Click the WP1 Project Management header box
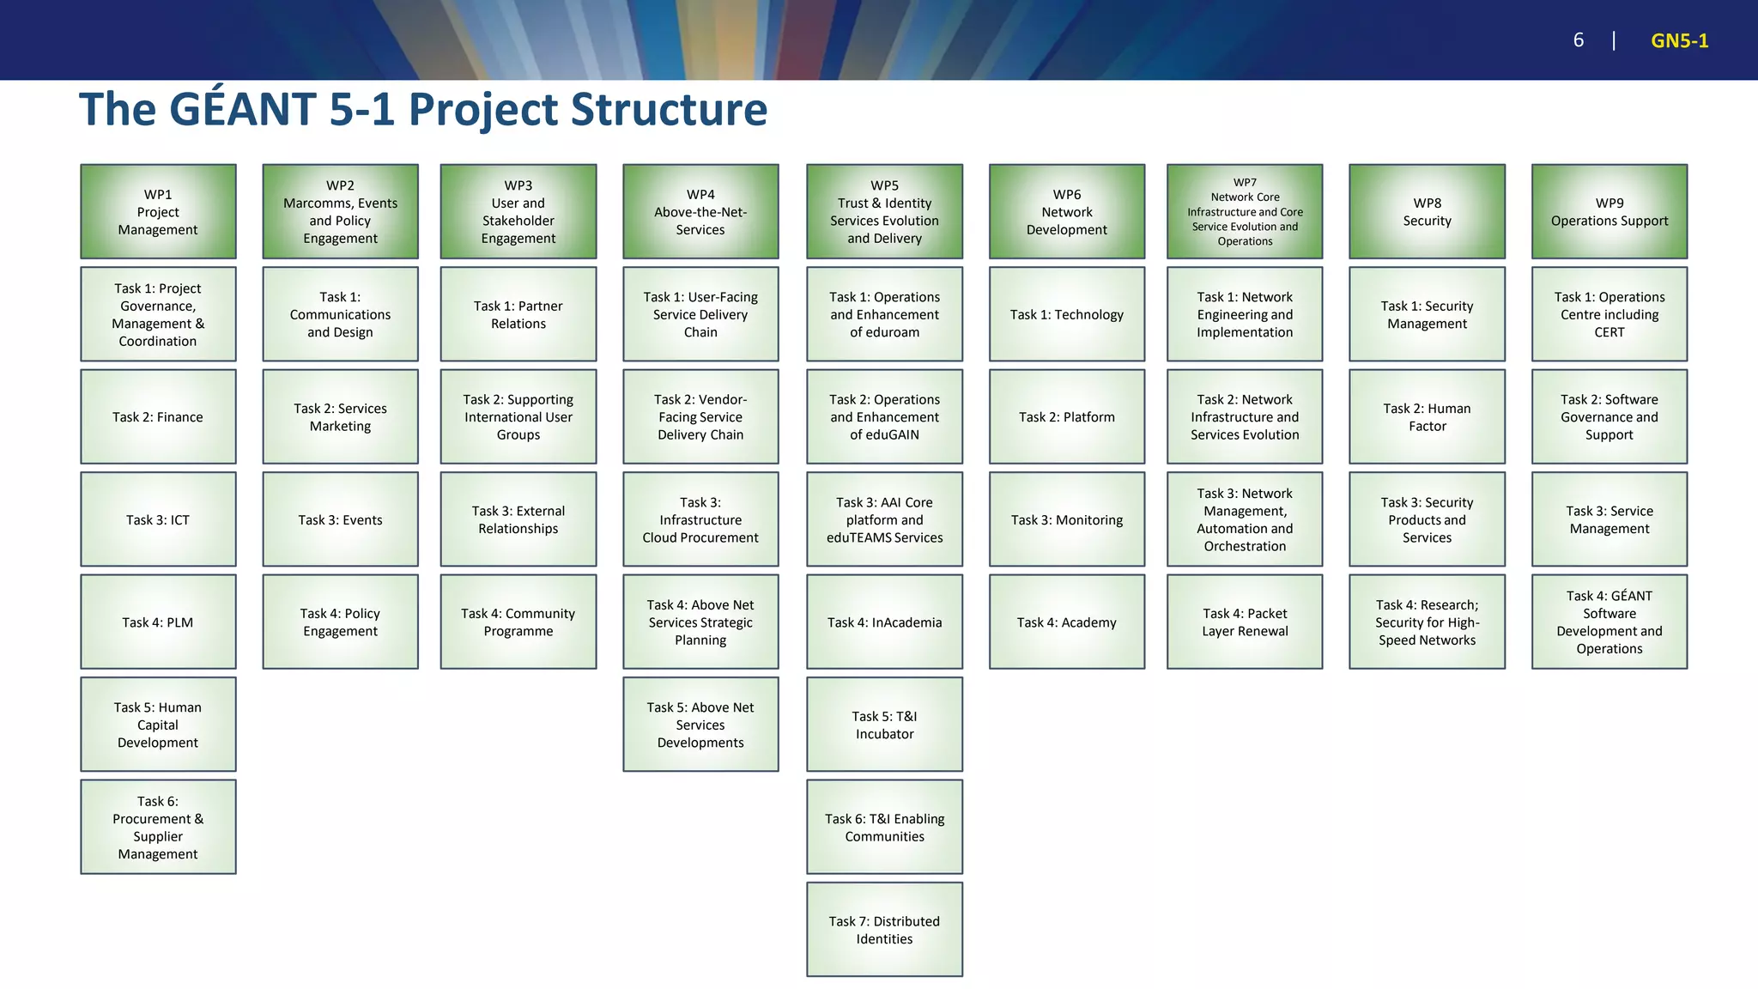click(x=158, y=211)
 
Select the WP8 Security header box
click(x=1427, y=211)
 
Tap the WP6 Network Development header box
click(x=1067, y=211)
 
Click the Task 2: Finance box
click(x=158, y=416)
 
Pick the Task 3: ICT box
click(x=158, y=519)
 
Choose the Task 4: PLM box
click(x=158, y=622)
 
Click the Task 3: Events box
click(x=340, y=519)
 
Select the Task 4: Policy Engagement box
click(x=340, y=622)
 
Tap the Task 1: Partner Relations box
click(x=518, y=314)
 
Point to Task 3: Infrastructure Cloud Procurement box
click(x=700, y=519)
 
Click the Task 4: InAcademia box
click(x=884, y=622)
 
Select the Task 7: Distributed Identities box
click(x=884, y=930)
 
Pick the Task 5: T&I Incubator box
click(x=884, y=725)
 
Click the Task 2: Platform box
click(x=1067, y=416)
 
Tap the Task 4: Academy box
click(x=1067, y=622)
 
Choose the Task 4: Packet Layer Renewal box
click(x=1245, y=622)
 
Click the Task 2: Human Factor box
click(x=1427, y=416)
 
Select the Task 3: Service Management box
click(x=1609, y=519)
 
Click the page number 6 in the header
click(x=1578, y=40)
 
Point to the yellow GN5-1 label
click(x=1679, y=40)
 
